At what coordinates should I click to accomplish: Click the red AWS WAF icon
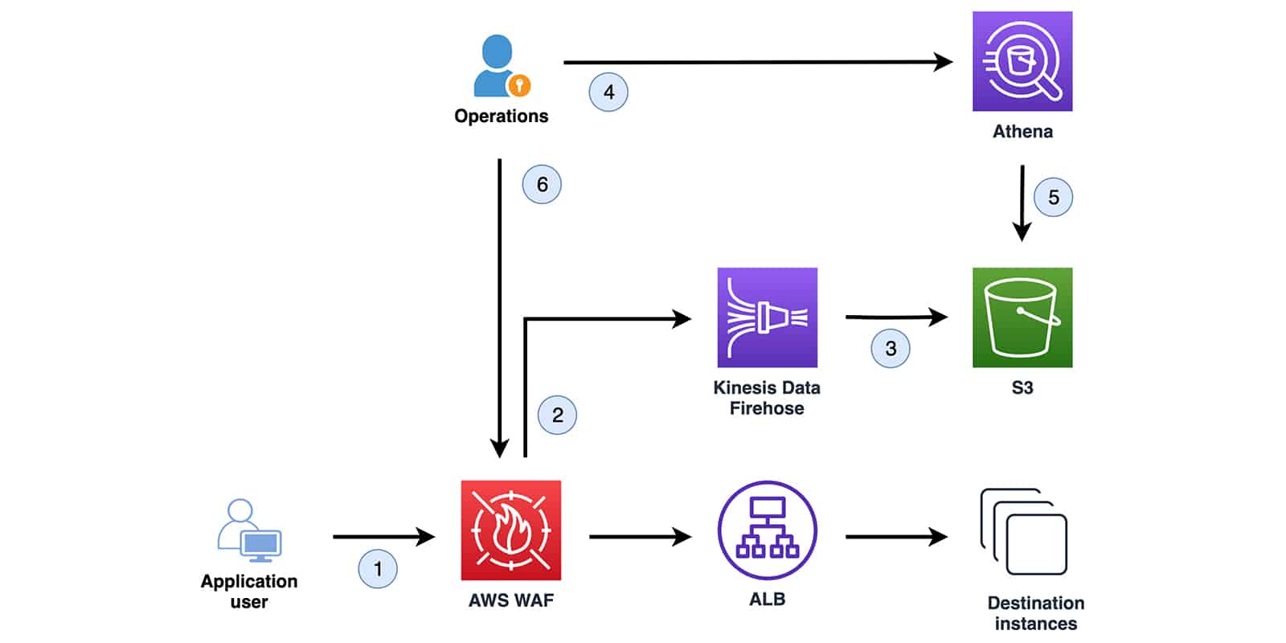point(510,530)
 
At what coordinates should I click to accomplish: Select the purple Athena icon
point(1022,61)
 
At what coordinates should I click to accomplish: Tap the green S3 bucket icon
point(1022,317)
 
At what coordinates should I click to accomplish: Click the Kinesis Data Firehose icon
point(767,317)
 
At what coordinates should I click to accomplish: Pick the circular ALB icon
point(767,530)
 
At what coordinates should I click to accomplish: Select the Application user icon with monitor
point(250,531)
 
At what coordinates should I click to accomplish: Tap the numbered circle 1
point(378,569)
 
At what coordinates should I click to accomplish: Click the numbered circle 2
point(557,415)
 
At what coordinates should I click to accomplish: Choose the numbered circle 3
point(891,348)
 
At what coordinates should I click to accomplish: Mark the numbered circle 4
point(608,92)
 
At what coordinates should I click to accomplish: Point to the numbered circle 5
point(1053,197)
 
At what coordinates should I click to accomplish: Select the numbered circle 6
point(542,184)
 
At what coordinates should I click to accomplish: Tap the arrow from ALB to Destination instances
point(895,536)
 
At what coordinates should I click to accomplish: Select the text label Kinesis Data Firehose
point(767,398)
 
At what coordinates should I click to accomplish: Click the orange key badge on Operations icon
point(519,84)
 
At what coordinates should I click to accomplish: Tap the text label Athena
point(1022,131)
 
